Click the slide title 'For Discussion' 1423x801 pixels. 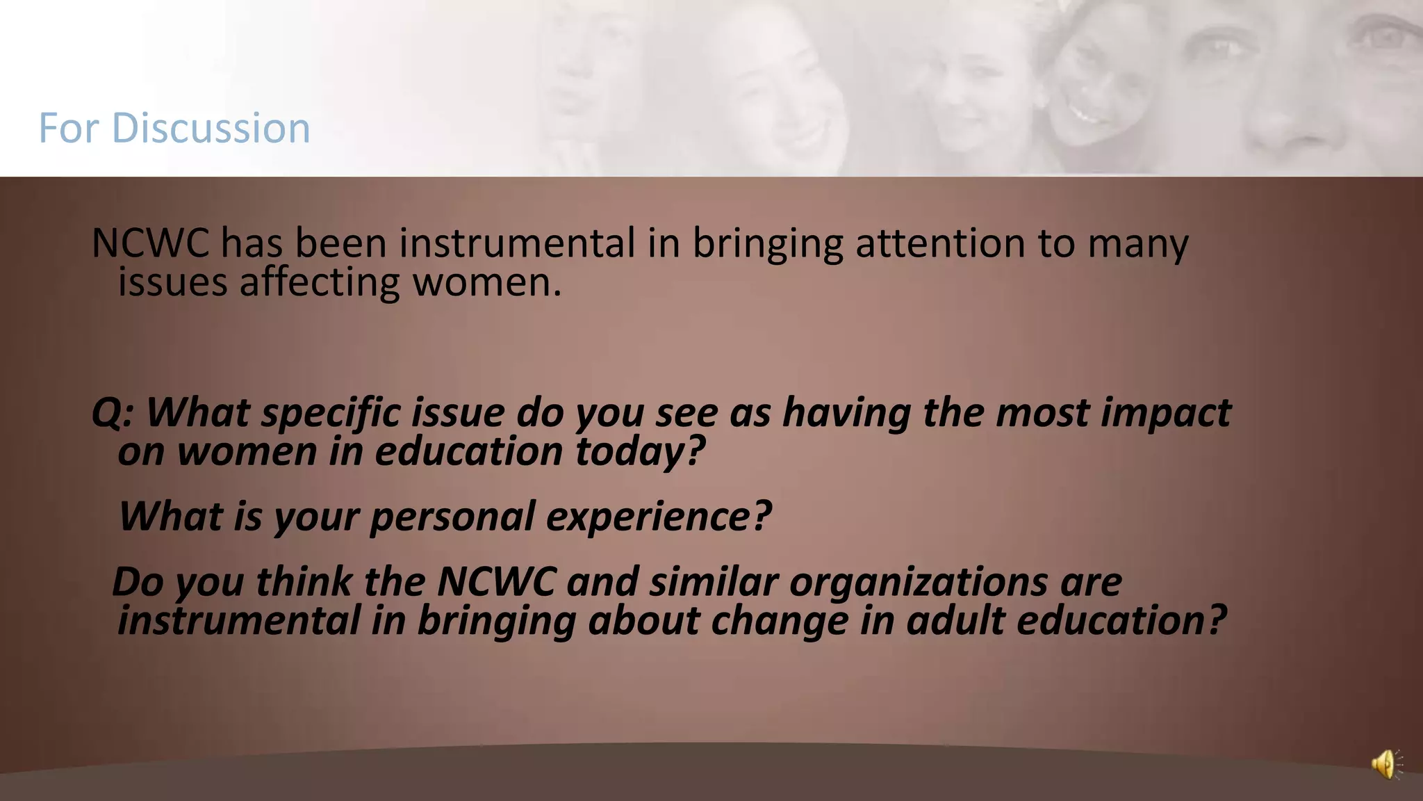point(174,128)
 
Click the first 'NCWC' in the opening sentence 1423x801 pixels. point(150,243)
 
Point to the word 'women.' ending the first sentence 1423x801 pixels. point(486,282)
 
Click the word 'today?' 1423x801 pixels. point(640,451)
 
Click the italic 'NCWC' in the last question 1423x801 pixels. point(496,581)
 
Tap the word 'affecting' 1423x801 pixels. point(320,282)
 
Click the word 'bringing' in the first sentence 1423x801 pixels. point(767,243)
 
